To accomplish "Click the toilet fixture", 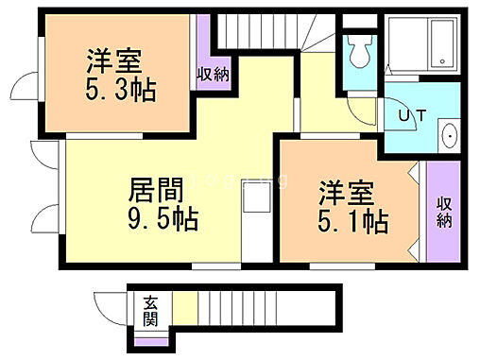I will [357, 52].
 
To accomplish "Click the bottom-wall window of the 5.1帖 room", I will [325, 266].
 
